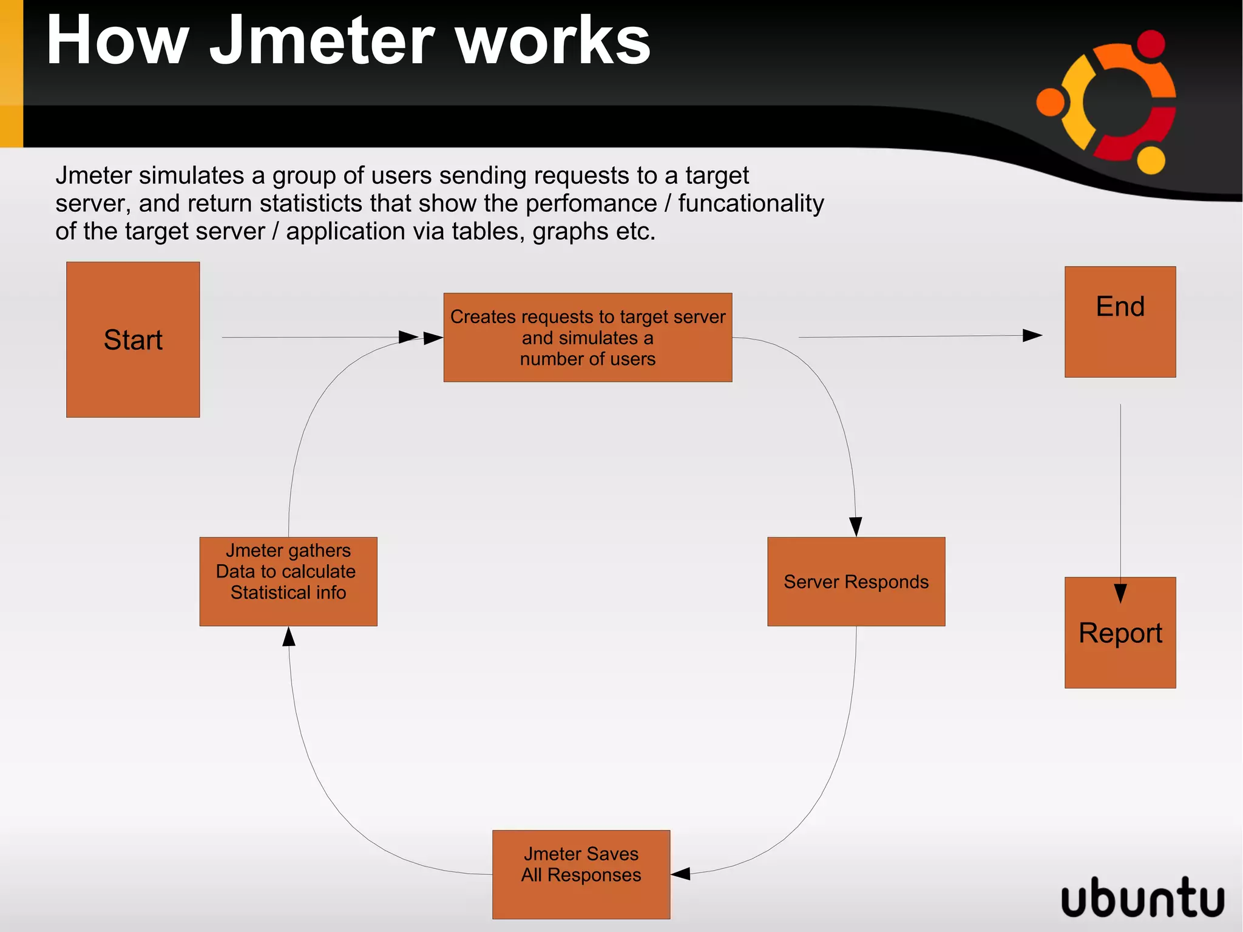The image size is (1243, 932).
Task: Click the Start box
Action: click(133, 339)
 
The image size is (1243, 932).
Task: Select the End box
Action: click(1120, 322)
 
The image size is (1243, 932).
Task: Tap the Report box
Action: click(1120, 633)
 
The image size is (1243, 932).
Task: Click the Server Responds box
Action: click(856, 582)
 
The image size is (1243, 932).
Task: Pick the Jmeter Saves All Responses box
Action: click(581, 874)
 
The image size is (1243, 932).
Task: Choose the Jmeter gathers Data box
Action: click(288, 581)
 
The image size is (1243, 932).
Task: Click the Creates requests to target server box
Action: click(588, 338)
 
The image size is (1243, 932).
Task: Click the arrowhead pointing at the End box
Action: click(1032, 335)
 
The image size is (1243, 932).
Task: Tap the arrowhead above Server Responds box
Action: click(856, 526)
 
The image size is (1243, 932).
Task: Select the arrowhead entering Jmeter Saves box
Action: click(681, 874)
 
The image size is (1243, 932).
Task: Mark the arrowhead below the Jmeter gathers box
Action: click(290, 637)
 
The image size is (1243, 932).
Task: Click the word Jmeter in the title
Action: click(322, 41)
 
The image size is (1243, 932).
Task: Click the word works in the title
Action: click(553, 41)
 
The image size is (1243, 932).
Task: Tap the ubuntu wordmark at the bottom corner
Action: click(1142, 897)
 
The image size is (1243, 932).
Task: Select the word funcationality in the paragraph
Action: click(751, 203)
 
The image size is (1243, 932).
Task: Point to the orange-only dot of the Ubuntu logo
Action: click(1051, 101)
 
